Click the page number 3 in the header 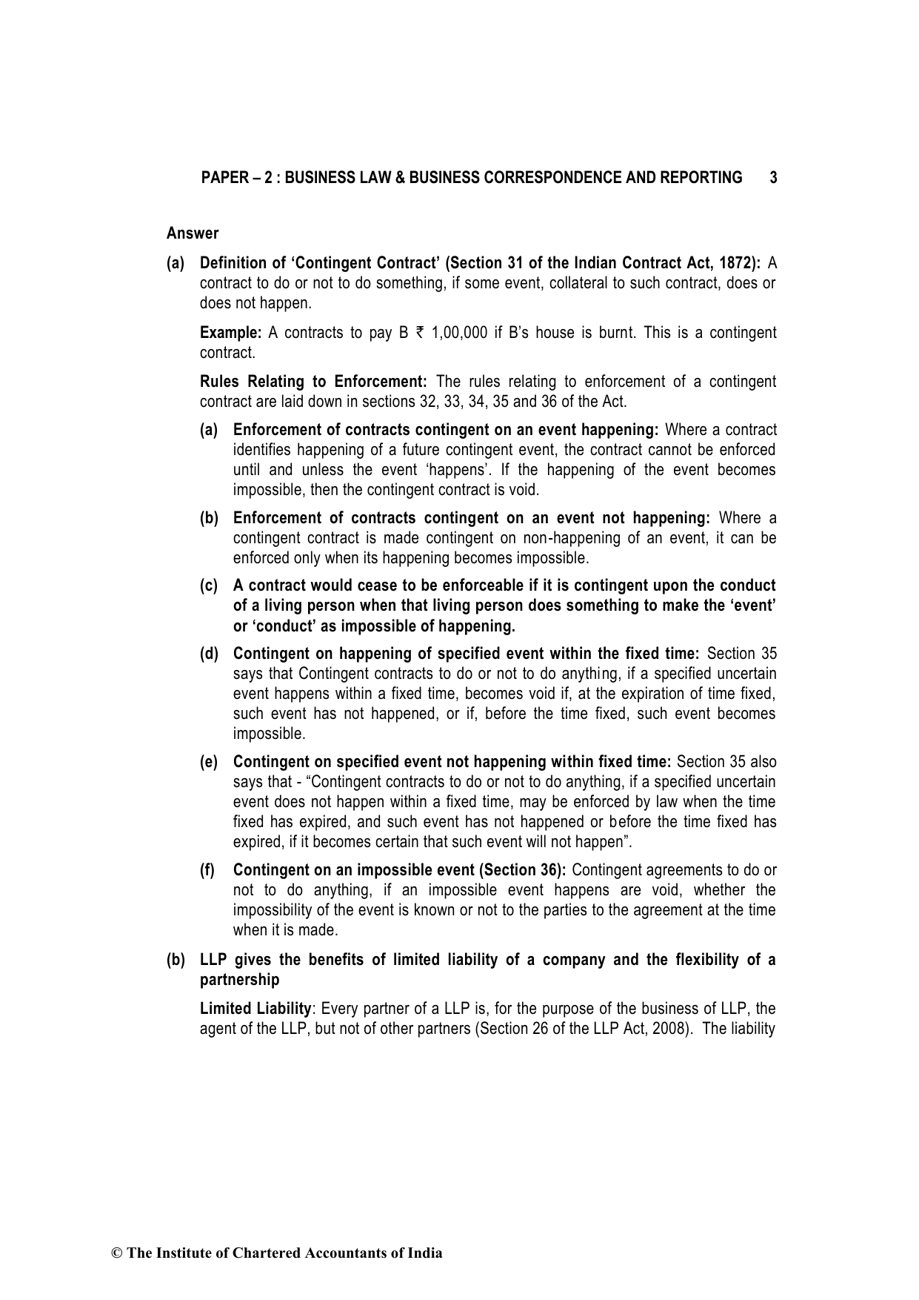coord(773,178)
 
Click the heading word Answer coord(193,233)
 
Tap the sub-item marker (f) coord(208,870)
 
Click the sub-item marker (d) coord(209,654)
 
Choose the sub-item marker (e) coord(209,762)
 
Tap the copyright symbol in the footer coord(116,1254)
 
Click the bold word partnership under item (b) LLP coord(240,980)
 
